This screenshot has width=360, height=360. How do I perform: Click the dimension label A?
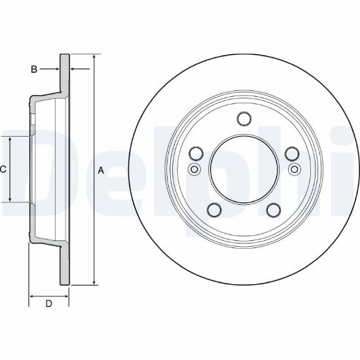[101, 171]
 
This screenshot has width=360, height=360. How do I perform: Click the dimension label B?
[34, 69]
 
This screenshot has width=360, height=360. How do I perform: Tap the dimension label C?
[3, 170]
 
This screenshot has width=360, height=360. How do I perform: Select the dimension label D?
[48, 304]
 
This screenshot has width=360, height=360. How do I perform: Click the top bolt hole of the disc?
[244, 118]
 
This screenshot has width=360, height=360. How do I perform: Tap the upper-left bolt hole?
[196, 153]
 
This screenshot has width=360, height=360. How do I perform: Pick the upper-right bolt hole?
[292, 153]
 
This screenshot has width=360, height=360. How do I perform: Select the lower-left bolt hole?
[214, 210]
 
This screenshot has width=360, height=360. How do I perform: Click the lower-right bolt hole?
[274, 210]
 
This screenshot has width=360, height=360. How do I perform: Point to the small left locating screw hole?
[194, 170]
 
